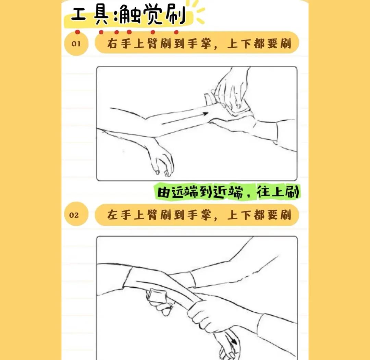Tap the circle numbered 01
pos(76,44)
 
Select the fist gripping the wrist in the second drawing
pos(202,315)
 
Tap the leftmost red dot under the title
pos(78,32)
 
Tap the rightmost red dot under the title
pos(176,32)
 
